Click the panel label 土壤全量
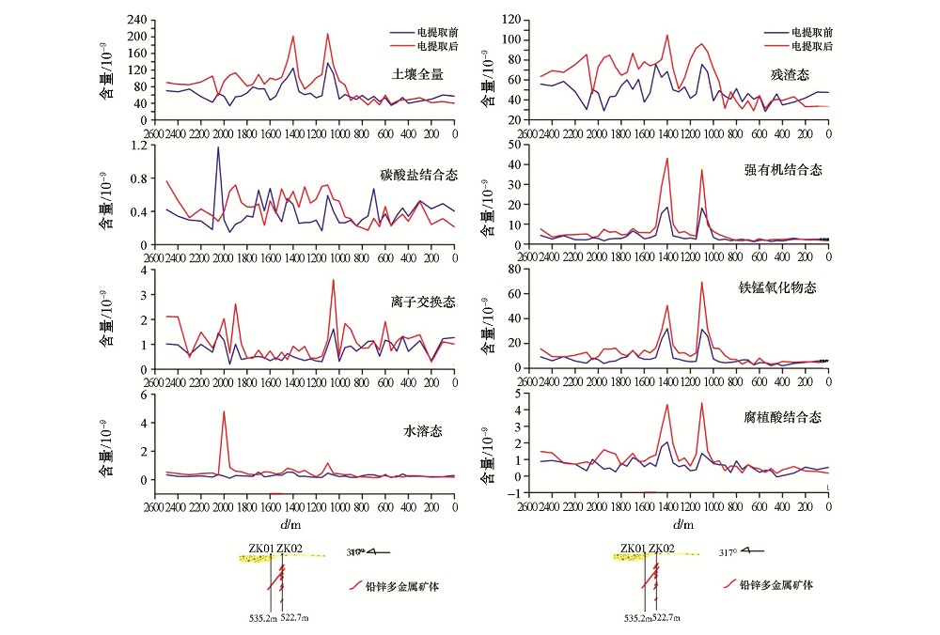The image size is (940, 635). pyautogui.click(x=418, y=73)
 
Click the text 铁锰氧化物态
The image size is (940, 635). pyautogui.click(x=785, y=287)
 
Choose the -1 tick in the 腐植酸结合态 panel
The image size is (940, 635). pyautogui.click(x=514, y=492)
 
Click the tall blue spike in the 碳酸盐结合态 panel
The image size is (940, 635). pyautogui.click(x=218, y=147)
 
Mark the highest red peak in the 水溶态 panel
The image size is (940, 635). pyautogui.click(x=224, y=411)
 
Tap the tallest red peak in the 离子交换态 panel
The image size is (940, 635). pyautogui.click(x=333, y=280)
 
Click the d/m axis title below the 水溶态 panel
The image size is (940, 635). pyautogui.click(x=301, y=524)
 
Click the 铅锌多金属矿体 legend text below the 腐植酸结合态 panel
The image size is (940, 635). pyautogui.click(x=775, y=584)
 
